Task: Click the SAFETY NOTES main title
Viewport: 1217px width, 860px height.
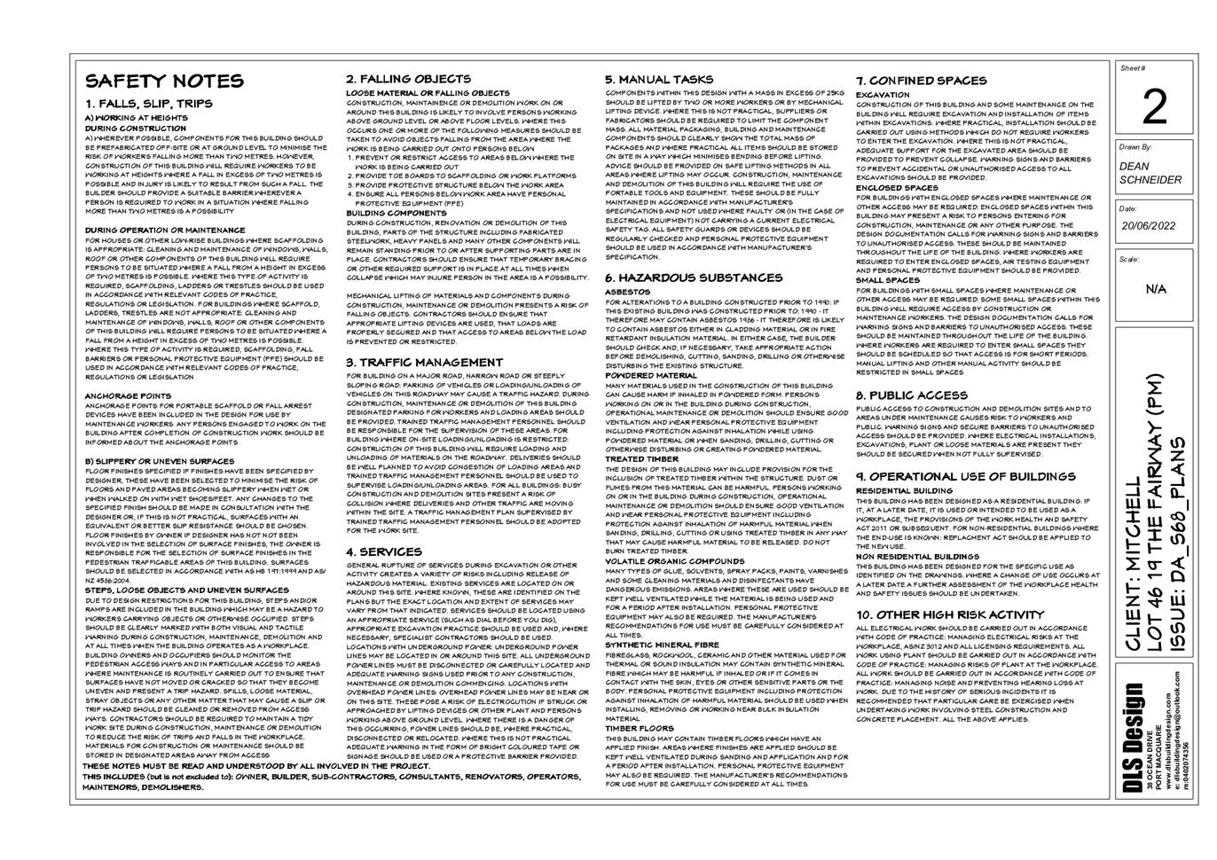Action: (x=151, y=82)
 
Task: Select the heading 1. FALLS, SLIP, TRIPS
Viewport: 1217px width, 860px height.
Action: (x=149, y=104)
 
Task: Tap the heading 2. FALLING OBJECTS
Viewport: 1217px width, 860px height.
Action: (x=408, y=79)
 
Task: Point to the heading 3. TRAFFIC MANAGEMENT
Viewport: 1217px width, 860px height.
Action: (x=424, y=363)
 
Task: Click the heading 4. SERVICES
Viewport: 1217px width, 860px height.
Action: (x=383, y=551)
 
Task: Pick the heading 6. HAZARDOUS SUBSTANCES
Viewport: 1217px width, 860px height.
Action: (x=694, y=278)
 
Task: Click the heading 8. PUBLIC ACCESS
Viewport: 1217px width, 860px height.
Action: (x=911, y=395)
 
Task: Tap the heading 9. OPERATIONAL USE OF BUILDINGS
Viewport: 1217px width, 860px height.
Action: (x=965, y=476)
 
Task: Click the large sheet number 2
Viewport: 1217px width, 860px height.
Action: (x=1154, y=107)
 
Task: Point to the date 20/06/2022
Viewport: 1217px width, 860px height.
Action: (x=1148, y=226)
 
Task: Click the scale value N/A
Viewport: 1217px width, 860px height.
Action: (x=1156, y=290)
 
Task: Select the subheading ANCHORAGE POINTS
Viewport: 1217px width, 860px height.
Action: (x=128, y=396)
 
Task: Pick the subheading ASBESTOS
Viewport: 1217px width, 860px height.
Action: (x=627, y=292)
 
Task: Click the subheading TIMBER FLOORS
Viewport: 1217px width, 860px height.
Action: (x=640, y=728)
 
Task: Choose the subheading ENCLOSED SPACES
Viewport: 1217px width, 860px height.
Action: (x=897, y=188)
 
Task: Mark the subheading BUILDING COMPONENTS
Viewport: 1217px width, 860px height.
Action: (x=396, y=214)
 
